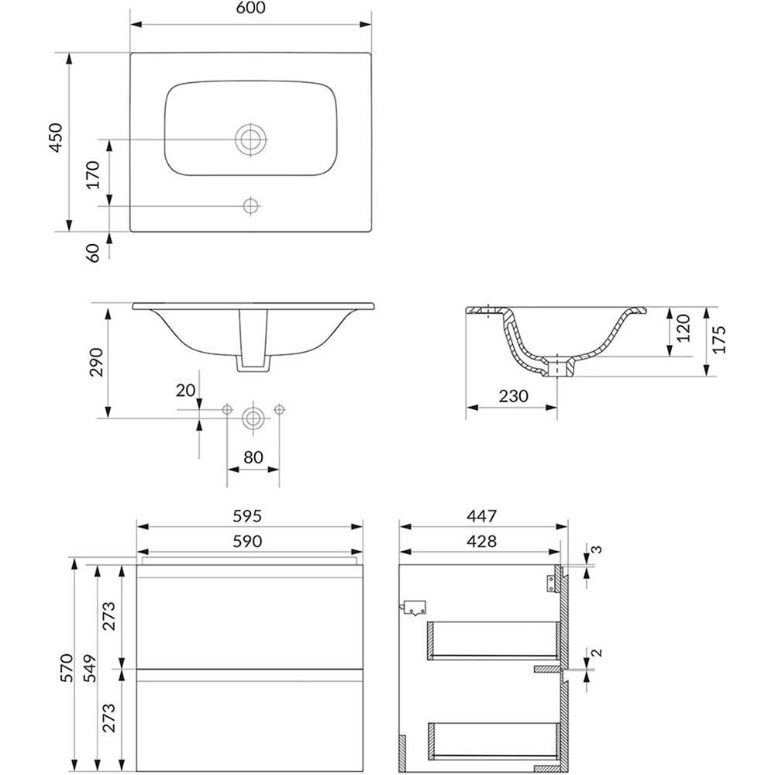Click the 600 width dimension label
[x=251, y=8]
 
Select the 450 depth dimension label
[x=57, y=137]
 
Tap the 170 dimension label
[x=94, y=174]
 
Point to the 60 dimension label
[x=94, y=253]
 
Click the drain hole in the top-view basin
[x=251, y=139]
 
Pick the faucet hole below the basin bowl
[x=251, y=205]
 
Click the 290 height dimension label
[x=96, y=362]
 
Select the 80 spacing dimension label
[x=253, y=457]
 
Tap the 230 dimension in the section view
[x=513, y=396]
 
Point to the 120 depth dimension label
[x=683, y=329]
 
